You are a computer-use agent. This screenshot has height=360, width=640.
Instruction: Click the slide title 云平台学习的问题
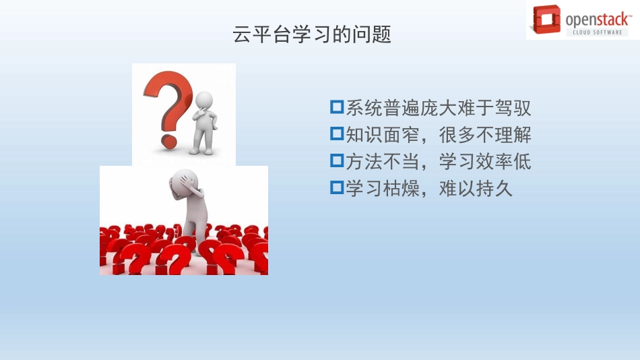[311, 34]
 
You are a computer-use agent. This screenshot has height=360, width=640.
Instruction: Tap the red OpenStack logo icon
[546, 20]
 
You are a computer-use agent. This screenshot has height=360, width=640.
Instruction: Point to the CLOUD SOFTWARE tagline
[596, 32]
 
